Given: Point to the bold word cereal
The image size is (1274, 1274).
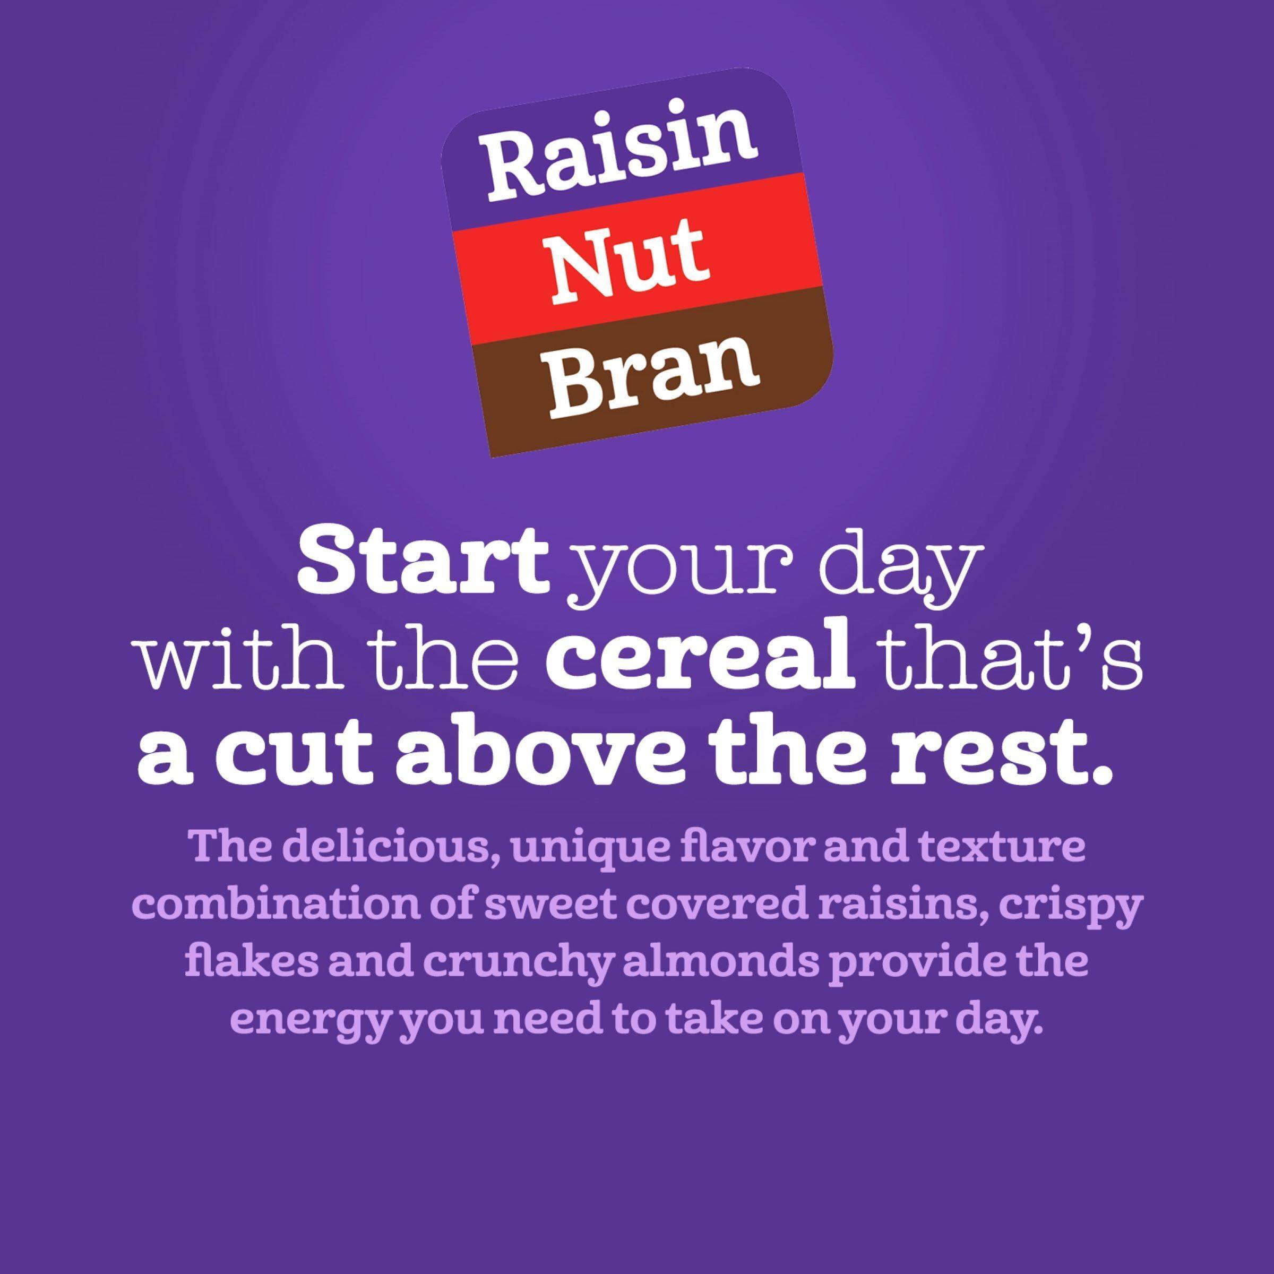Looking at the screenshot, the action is (700, 660).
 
